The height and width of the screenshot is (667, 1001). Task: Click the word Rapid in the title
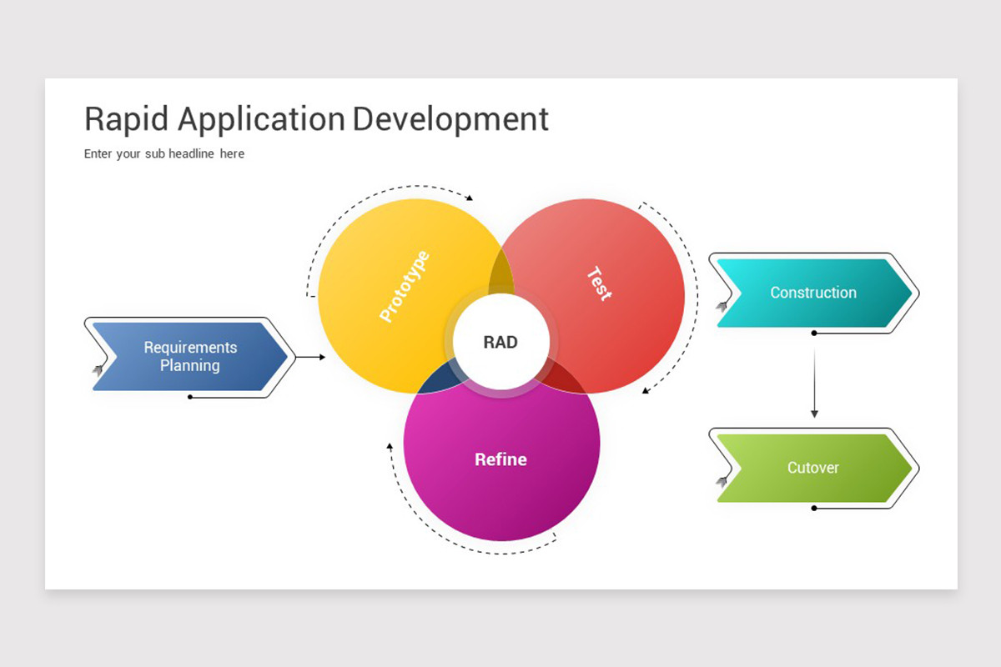pos(128,118)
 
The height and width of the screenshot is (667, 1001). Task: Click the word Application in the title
pos(261,118)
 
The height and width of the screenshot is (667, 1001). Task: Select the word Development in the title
pos(450,118)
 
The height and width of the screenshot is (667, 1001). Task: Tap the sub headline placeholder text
pos(164,153)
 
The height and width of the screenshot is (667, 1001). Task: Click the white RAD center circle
pos(500,342)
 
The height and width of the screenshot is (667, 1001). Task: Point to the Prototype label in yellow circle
pos(405,286)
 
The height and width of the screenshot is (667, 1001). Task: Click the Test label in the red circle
pos(599,283)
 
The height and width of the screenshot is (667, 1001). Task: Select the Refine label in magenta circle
pos(500,459)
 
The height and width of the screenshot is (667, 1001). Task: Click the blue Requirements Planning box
pos(190,356)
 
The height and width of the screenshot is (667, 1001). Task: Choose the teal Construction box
pos(813,293)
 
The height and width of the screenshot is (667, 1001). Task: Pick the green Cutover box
pos(813,468)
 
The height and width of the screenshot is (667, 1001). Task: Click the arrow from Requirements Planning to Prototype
pos(311,357)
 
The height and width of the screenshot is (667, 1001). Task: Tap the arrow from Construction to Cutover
pos(814,375)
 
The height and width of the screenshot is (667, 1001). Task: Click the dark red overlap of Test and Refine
pos(563,379)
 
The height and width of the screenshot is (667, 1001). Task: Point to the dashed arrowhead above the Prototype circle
pos(470,198)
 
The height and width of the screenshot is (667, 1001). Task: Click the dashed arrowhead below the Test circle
pos(645,389)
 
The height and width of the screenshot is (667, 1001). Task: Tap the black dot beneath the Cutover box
pos(814,508)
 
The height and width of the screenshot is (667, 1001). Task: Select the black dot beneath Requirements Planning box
pos(190,397)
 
